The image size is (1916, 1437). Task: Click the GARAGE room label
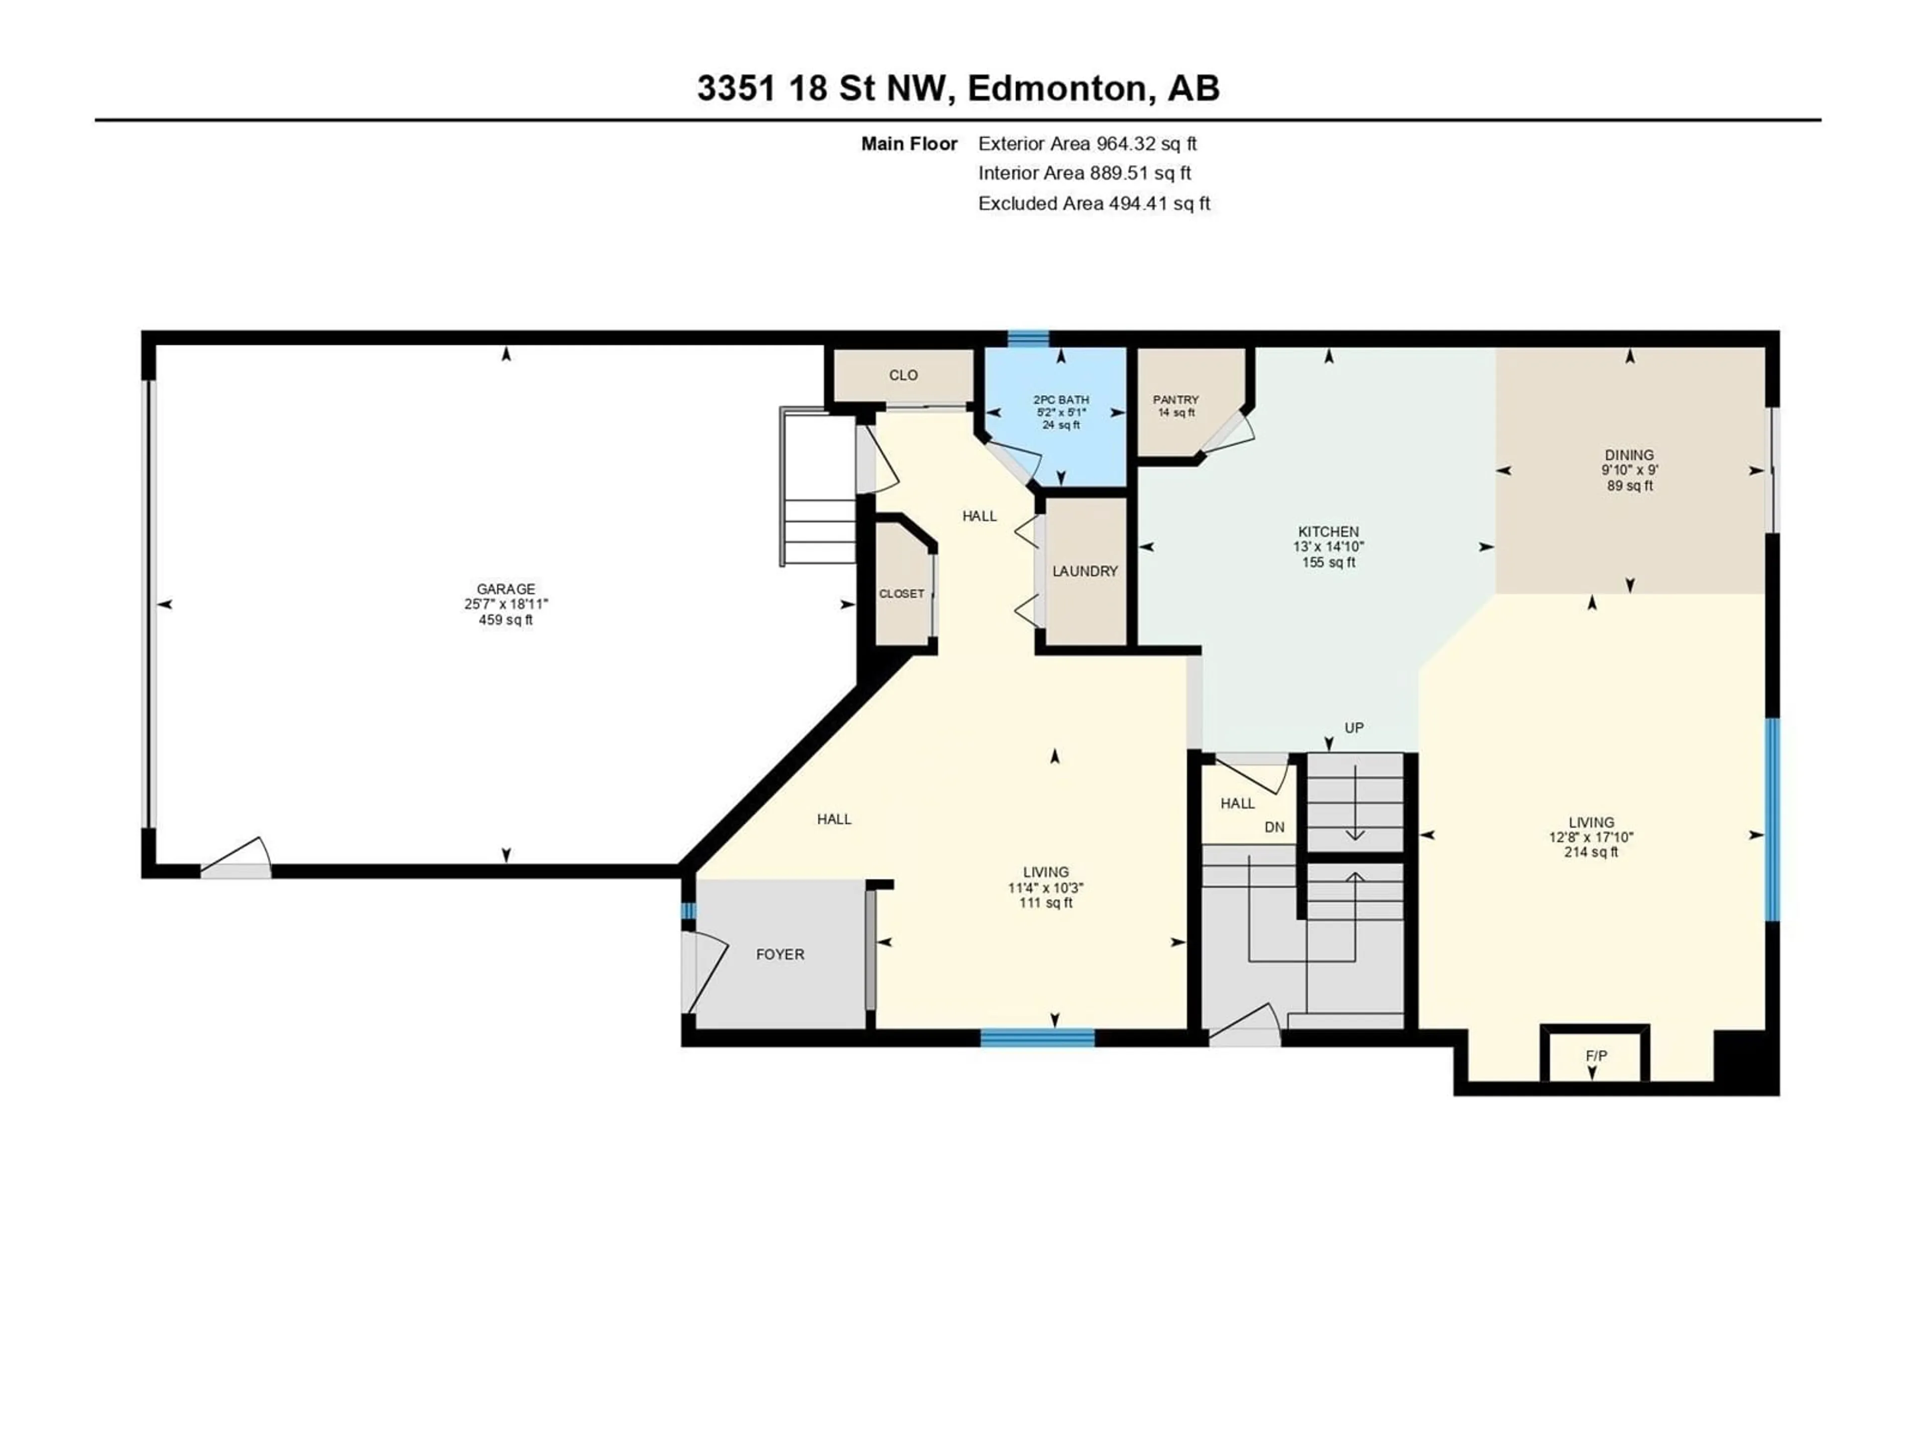coord(506,589)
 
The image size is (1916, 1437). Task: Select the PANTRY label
coord(1176,399)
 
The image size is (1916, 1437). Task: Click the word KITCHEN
coord(1328,531)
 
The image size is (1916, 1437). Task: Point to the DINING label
coord(1629,455)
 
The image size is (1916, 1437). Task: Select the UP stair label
coord(1354,727)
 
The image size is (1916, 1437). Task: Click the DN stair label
coord(1274,827)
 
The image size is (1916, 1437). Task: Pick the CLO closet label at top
coord(904,375)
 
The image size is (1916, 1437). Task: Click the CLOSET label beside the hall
coord(902,593)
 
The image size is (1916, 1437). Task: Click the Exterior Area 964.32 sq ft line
coord(1087,144)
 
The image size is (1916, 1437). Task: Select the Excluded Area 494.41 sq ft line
coord(1094,204)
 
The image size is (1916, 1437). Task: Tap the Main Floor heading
coord(910,144)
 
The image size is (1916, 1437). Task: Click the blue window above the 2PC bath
coord(1028,338)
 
